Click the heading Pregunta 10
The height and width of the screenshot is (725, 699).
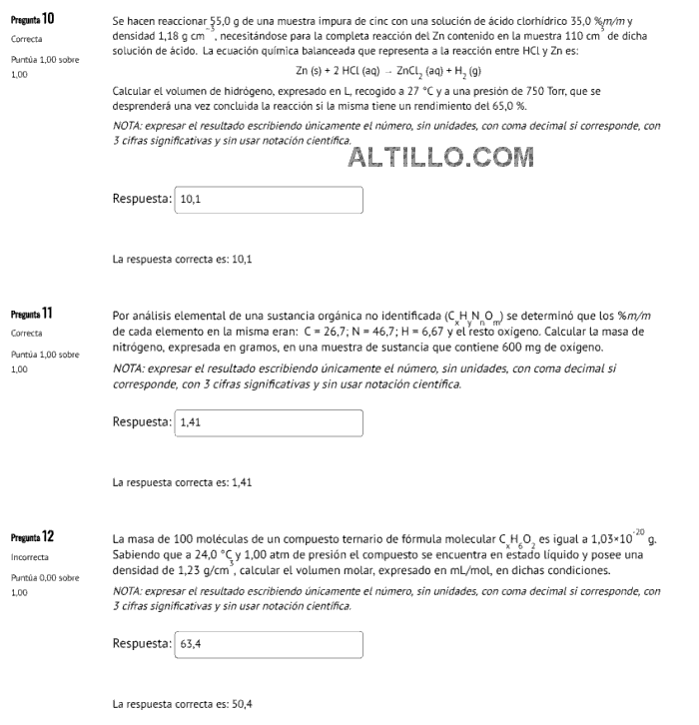click(33, 20)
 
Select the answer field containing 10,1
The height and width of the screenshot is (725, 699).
click(267, 200)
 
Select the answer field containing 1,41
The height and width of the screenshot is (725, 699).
click(267, 423)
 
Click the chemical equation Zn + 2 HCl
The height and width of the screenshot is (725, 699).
click(388, 72)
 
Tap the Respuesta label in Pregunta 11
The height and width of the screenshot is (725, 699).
click(142, 423)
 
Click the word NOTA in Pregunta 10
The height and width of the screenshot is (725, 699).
click(128, 126)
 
